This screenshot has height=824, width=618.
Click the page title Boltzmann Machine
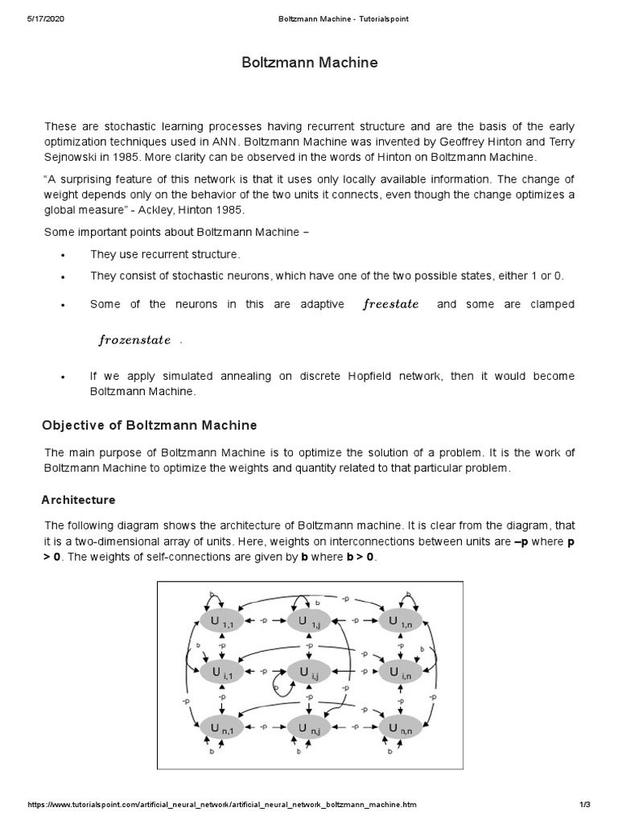coord(310,62)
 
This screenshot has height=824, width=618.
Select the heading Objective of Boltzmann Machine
coord(149,425)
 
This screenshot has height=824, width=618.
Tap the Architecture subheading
coord(78,500)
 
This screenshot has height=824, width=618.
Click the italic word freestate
coord(391,304)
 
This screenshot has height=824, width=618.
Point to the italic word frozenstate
coord(134,340)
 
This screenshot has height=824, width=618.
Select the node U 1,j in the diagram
coord(309,622)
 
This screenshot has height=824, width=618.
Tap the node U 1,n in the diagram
coord(400,622)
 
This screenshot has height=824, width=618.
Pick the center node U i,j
coord(309,671)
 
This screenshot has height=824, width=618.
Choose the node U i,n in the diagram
coord(400,671)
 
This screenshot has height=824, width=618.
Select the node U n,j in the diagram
coord(309,729)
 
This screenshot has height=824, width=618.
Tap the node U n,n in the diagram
coord(400,729)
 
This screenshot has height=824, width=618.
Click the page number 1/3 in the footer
coord(585,805)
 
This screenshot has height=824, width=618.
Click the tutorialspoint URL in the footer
coord(222,805)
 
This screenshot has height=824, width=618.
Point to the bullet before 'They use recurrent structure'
coord(63,255)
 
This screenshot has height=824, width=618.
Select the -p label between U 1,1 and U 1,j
coord(264,622)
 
